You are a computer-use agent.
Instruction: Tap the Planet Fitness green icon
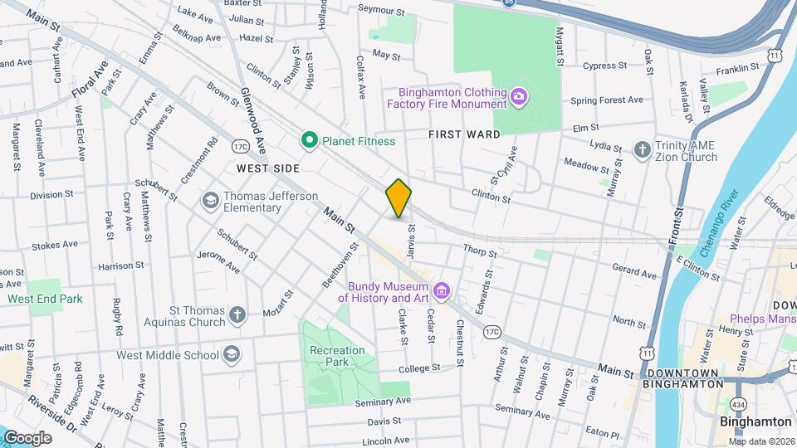coord(310,140)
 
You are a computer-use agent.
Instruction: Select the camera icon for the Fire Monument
coord(519,98)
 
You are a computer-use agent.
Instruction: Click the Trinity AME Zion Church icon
coord(642,150)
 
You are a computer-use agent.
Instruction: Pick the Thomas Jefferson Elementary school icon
coord(211,201)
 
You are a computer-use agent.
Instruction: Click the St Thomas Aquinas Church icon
coord(237,314)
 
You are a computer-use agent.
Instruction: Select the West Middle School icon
coord(232,355)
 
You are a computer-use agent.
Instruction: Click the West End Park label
coord(45,298)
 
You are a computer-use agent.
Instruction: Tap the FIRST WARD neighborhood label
coord(464,134)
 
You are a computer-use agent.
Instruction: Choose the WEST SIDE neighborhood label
coord(266,168)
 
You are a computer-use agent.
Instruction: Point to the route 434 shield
coord(738,404)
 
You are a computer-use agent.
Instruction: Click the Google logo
coord(27,437)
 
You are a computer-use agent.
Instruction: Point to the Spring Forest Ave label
coord(606,100)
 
